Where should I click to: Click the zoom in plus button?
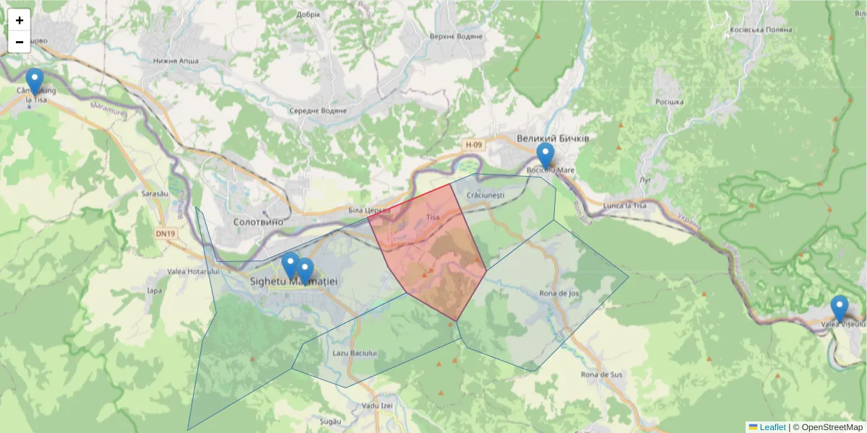point(20,20)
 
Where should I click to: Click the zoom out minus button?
point(20,42)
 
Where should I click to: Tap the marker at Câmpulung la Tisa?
point(34,81)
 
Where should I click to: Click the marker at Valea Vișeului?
point(839,308)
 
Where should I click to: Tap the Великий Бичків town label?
point(553,138)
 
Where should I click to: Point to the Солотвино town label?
point(259,222)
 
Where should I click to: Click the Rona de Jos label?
point(560,293)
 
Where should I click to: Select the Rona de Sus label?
point(602,375)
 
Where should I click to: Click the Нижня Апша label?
point(175,61)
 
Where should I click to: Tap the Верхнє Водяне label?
point(456,36)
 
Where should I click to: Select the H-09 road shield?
point(473,145)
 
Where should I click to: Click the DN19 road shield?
point(165,234)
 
